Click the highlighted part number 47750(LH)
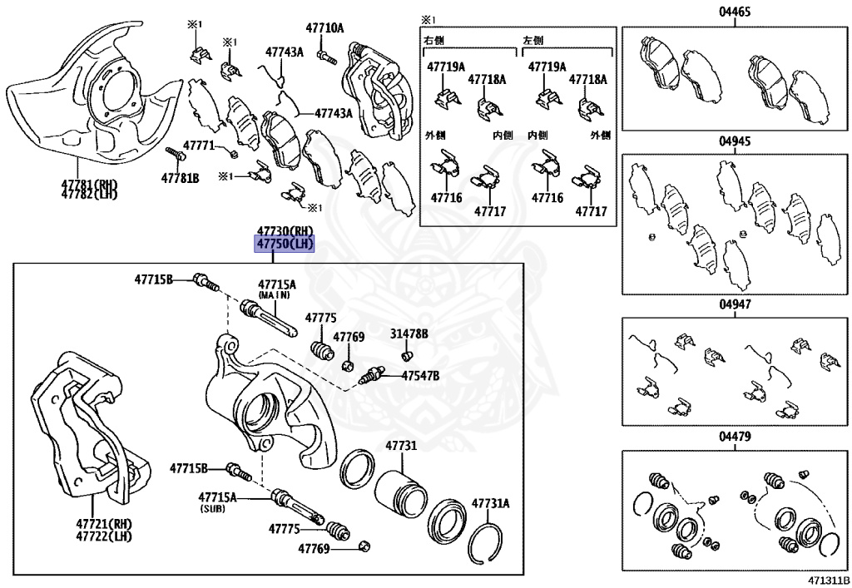pos(285,243)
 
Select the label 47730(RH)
pos(285,230)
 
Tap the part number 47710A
pos(324,28)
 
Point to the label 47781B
pos(181,178)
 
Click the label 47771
pos(199,146)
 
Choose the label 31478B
pos(409,334)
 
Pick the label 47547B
pos(420,376)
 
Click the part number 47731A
pos(491,503)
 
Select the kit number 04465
pos(736,12)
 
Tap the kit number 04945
pos(736,141)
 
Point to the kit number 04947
pos(736,304)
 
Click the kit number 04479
pos(736,437)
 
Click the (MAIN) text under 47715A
pos(275,295)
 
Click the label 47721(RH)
pos(104,525)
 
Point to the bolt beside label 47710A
pos(325,58)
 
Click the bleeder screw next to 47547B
pos(372,377)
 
